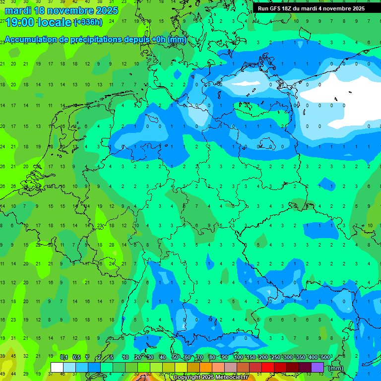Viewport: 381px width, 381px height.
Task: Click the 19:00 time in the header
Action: [x=21, y=22]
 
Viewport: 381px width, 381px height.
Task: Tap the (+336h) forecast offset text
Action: [x=89, y=22]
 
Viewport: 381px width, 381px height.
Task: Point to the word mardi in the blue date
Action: [x=19, y=10]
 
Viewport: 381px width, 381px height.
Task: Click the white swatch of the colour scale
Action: [x=57, y=368]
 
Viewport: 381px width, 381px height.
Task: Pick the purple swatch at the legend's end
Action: [x=317, y=368]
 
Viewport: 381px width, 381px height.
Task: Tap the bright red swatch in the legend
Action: [x=268, y=368]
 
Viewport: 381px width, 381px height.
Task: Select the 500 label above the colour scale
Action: [x=325, y=358]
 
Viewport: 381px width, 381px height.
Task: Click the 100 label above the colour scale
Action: [x=238, y=358]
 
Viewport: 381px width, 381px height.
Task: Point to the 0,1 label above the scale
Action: [x=64, y=358]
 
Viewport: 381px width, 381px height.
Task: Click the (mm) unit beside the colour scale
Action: [x=335, y=368]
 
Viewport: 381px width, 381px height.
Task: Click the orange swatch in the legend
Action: [x=206, y=368]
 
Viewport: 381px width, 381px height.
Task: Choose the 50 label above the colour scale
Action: [x=175, y=358]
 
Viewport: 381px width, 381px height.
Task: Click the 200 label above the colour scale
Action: [x=263, y=358]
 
